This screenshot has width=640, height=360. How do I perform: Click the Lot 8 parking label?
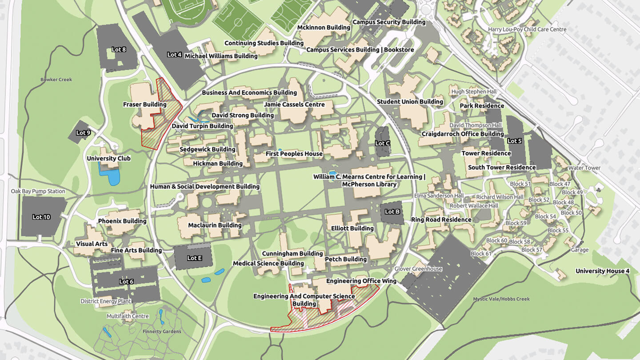point(119,49)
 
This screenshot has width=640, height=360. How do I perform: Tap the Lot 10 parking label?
point(41,217)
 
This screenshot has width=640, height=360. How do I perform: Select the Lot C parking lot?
point(382,143)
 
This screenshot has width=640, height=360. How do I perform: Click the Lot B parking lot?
point(392,212)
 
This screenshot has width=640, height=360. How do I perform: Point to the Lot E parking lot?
point(194,258)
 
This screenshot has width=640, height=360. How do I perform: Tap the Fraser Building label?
point(144,104)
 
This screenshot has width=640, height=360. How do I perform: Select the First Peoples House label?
point(294,154)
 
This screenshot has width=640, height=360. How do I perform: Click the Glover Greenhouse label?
point(418,269)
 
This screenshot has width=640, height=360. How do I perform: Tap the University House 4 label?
point(602,271)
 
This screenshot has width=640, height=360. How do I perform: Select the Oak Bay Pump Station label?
point(38,191)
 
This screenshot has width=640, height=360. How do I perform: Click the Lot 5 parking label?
point(514,141)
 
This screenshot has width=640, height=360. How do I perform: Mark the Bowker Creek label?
point(56,80)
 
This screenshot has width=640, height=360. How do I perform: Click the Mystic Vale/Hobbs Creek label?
point(501,299)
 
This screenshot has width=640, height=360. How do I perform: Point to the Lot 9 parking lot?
point(83,132)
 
